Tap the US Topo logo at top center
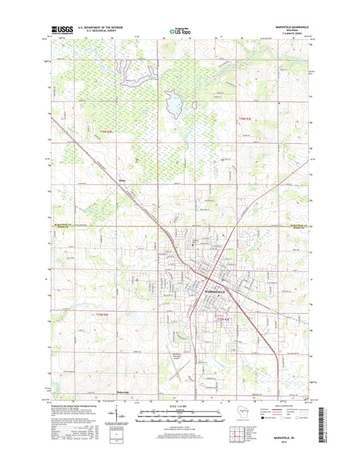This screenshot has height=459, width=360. point(180,30)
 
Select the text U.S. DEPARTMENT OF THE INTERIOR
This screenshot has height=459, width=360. point(101,28)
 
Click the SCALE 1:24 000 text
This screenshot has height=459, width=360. point(180,405)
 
